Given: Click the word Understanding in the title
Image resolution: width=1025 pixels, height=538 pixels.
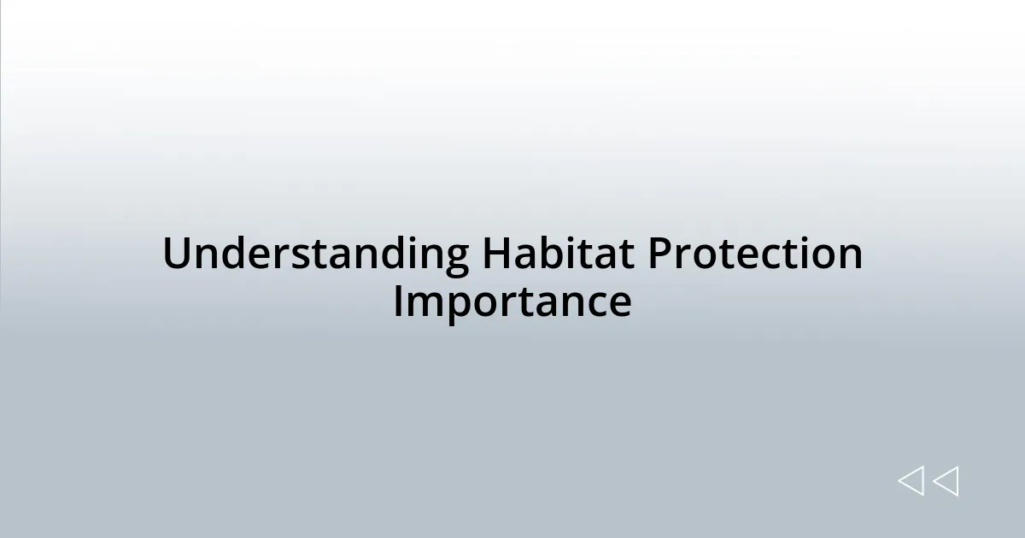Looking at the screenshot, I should [315, 254].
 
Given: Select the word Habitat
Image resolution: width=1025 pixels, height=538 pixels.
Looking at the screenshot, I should [557, 254].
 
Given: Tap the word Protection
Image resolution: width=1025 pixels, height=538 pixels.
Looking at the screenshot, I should [754, 254].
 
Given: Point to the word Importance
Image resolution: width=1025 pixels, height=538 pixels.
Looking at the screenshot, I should [512, 302].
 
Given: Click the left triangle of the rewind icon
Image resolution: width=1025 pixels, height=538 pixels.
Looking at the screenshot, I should [911, 482].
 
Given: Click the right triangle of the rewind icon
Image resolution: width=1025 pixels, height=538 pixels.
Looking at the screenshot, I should [946, 482].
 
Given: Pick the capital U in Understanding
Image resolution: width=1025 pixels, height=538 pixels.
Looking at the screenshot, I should [176, 254].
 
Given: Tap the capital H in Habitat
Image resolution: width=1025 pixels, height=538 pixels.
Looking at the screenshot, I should [495, 254].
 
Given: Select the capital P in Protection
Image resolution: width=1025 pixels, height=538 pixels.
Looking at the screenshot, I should [658, 254].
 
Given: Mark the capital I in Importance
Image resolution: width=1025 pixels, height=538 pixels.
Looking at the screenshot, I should [399, 302].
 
